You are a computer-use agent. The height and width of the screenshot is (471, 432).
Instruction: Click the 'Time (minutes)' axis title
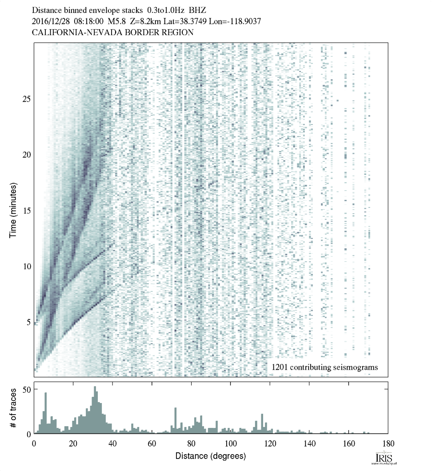[13, 210]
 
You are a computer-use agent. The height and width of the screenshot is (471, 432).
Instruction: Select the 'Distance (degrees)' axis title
[210, 456]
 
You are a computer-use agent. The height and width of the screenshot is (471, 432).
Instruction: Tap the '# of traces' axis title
[13, 407]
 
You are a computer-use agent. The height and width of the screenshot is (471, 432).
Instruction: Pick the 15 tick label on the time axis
[26, 211]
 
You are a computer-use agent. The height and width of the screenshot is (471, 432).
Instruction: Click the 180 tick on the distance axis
[388, 443]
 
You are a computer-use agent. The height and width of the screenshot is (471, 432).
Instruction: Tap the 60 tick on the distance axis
[152, 443]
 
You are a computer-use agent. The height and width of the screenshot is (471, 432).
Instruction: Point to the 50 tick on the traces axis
[26, 390]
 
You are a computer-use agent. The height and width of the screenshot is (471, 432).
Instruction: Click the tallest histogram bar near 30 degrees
[95, 410]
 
